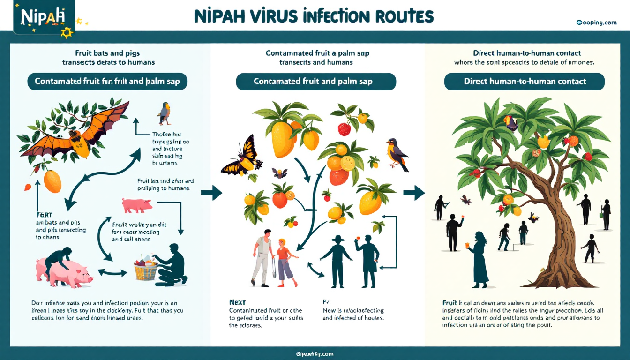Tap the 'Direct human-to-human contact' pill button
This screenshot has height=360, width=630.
pos(525,82)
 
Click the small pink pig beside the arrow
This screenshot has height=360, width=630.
pos(137,205)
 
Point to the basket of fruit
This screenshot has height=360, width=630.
pos(145,268)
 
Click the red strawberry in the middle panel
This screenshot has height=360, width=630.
pos(345,129)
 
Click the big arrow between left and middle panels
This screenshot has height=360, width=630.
pos(211,193)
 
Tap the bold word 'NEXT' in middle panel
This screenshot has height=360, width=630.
pos(238,302)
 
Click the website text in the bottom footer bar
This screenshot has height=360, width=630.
pos(315,353)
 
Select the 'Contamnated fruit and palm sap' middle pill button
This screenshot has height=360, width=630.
pos(316,82)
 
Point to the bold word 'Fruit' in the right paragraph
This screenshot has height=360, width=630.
pos(450,302)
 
